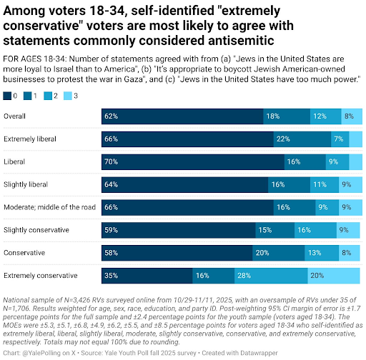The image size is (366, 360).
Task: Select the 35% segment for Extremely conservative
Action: point(147,275)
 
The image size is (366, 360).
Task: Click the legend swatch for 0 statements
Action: point(7,94)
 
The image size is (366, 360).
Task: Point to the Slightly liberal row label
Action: point(27,184)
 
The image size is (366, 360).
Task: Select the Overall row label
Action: point(17,115)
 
